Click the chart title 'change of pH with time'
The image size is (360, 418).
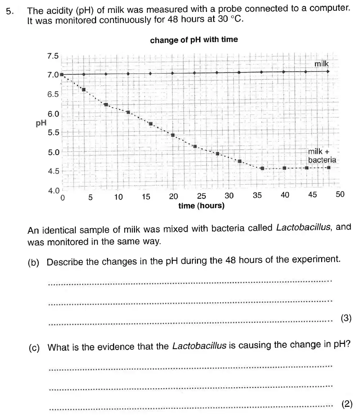(x=194, y=40)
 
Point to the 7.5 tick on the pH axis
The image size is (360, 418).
(x=53, y=56)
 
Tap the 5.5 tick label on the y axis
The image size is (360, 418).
(x=53, y=132)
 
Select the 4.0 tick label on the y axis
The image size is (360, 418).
(x=53, y=191)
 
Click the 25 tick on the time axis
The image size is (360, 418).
(x=202, y=196)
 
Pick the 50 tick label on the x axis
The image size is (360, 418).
(x=340, y=195)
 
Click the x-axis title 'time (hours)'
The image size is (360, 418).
(x=201, y=206)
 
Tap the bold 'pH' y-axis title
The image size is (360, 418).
(x=41, y=123)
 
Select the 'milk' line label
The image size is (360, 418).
(x=321, y=64)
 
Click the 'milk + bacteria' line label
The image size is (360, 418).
(x=322, y=156)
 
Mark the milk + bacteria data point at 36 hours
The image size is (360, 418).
(x=262, y=168)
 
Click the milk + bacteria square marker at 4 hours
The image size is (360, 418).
(x=84, y=90)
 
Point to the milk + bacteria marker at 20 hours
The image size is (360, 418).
(x=173, y=135)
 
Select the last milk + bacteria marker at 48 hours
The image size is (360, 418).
(x=329, y=167)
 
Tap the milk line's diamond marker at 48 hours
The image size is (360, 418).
(x=328, y=71)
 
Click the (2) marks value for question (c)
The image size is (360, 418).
(x=346, y=404)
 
